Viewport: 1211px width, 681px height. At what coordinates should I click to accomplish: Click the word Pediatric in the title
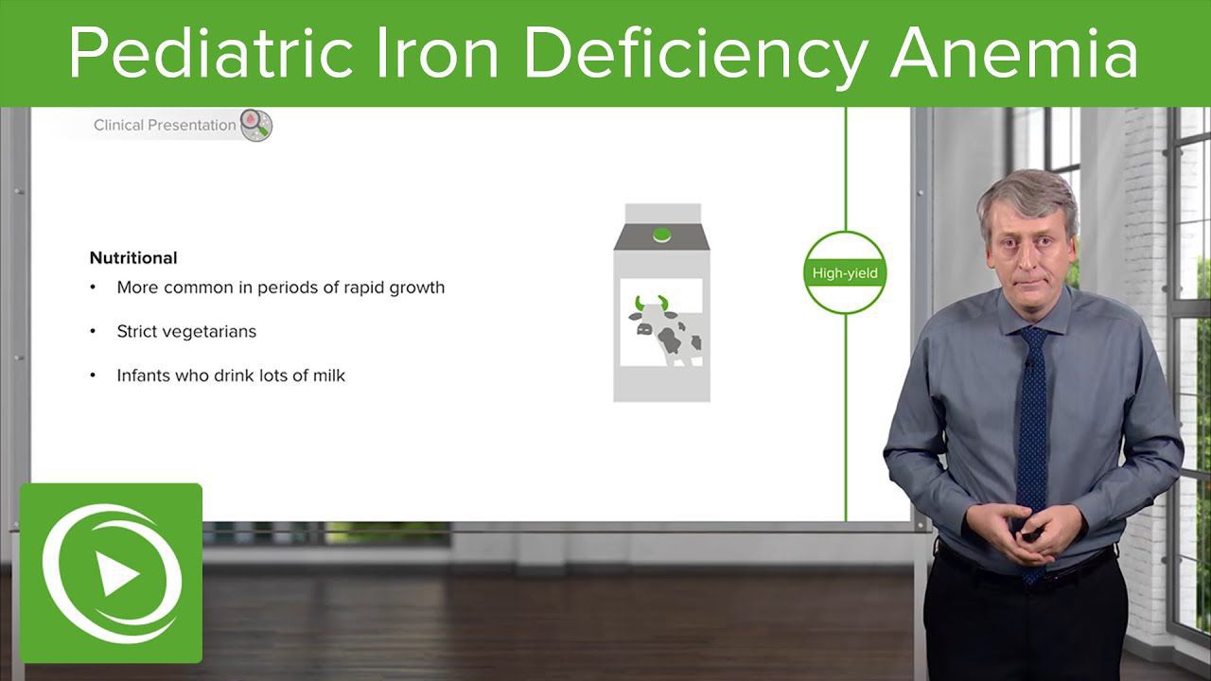pos(211,52)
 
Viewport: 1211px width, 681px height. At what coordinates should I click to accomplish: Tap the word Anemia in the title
pos(1014,52)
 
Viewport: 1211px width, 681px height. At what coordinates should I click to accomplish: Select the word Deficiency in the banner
pos(696,54)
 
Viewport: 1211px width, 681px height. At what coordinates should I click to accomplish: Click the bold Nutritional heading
pos(133,258)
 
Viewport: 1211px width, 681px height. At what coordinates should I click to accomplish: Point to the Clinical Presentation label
pos(165,125)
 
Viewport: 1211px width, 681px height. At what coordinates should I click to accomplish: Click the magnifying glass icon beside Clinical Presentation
pos(255,126)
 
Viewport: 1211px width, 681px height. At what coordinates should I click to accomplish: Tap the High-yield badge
pos(845,273)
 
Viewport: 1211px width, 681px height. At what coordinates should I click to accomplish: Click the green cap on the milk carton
pos(661,236)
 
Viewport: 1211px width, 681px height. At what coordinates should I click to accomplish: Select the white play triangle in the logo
pos(116,573)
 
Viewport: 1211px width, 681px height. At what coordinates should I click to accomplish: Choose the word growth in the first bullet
pos(416,288)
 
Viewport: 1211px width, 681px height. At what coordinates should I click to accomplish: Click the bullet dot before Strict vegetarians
pos(93,331)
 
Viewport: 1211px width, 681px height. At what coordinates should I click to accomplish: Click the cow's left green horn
pos(639,303)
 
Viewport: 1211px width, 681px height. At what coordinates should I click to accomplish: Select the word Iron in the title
pos(437,52)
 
